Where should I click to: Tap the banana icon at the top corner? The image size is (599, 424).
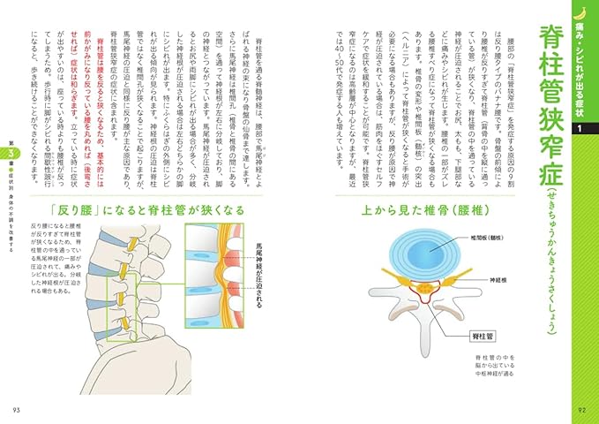(x=580, y=11)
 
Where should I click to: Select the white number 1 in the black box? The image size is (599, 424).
(x=579, y=130)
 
